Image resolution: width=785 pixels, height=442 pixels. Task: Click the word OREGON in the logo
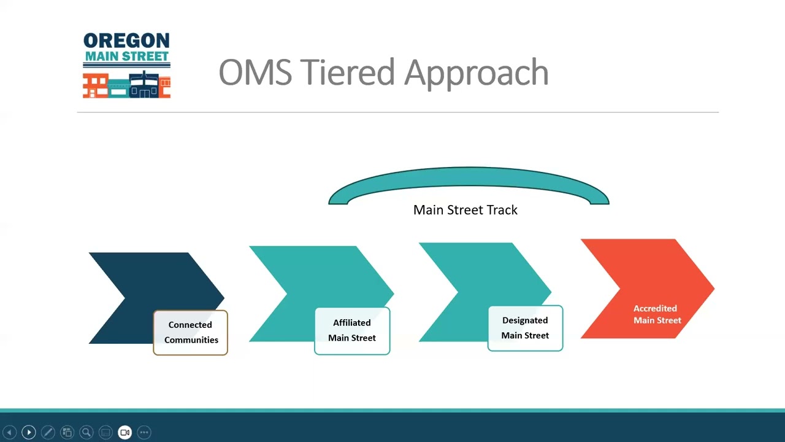[x=126, y=41]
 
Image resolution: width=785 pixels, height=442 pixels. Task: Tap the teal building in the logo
[x=118, y=88]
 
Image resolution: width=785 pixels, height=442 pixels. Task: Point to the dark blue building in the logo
[x=144, y=87]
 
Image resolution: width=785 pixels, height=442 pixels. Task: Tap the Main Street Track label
[x=465, y=210]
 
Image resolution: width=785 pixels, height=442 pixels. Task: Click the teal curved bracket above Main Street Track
[x=469, y=178]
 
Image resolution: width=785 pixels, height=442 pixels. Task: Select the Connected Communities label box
[x=190, y=333]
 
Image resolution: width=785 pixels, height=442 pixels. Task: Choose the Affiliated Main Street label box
[x=352, y=330]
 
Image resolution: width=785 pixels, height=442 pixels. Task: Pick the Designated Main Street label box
[x=525, y=328]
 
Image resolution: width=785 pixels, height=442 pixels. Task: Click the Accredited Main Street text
[x=656, y=314]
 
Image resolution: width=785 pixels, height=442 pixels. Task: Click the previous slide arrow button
[x=10, y=432]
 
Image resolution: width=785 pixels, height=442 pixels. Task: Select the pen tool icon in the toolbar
[x=48, y=432]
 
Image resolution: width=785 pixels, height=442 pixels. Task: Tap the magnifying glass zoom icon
[x=86, y=432]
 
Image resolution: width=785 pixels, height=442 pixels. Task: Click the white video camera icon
[x=125, y=432]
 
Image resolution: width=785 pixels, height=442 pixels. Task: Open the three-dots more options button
[x=144, y=432]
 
